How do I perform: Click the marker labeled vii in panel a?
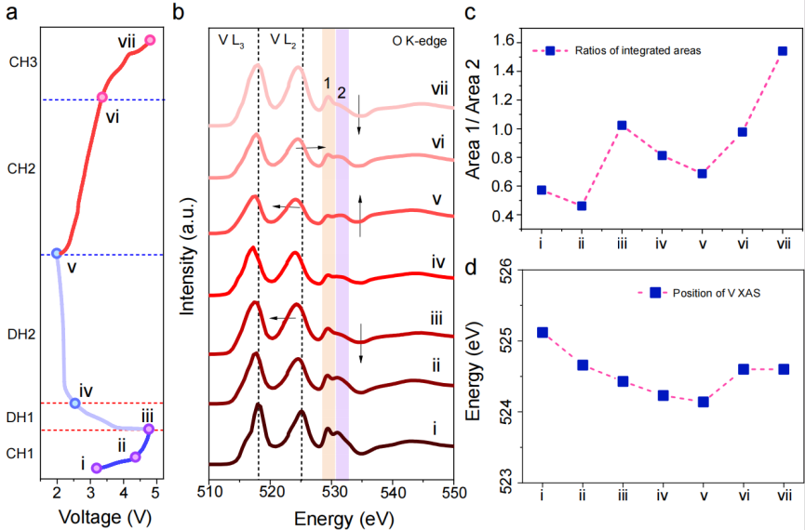tap(150, 40)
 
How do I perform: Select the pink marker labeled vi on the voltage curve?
tap(102, 97)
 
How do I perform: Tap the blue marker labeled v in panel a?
tap(57, 253)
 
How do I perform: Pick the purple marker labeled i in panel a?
tap(96, 468)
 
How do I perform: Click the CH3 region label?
tap(23, 63)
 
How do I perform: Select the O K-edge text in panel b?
tap(423, 40)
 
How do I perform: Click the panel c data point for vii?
tap(783, 51)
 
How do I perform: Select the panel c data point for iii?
tap(622, 126)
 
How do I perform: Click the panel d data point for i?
tap(542, 332)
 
